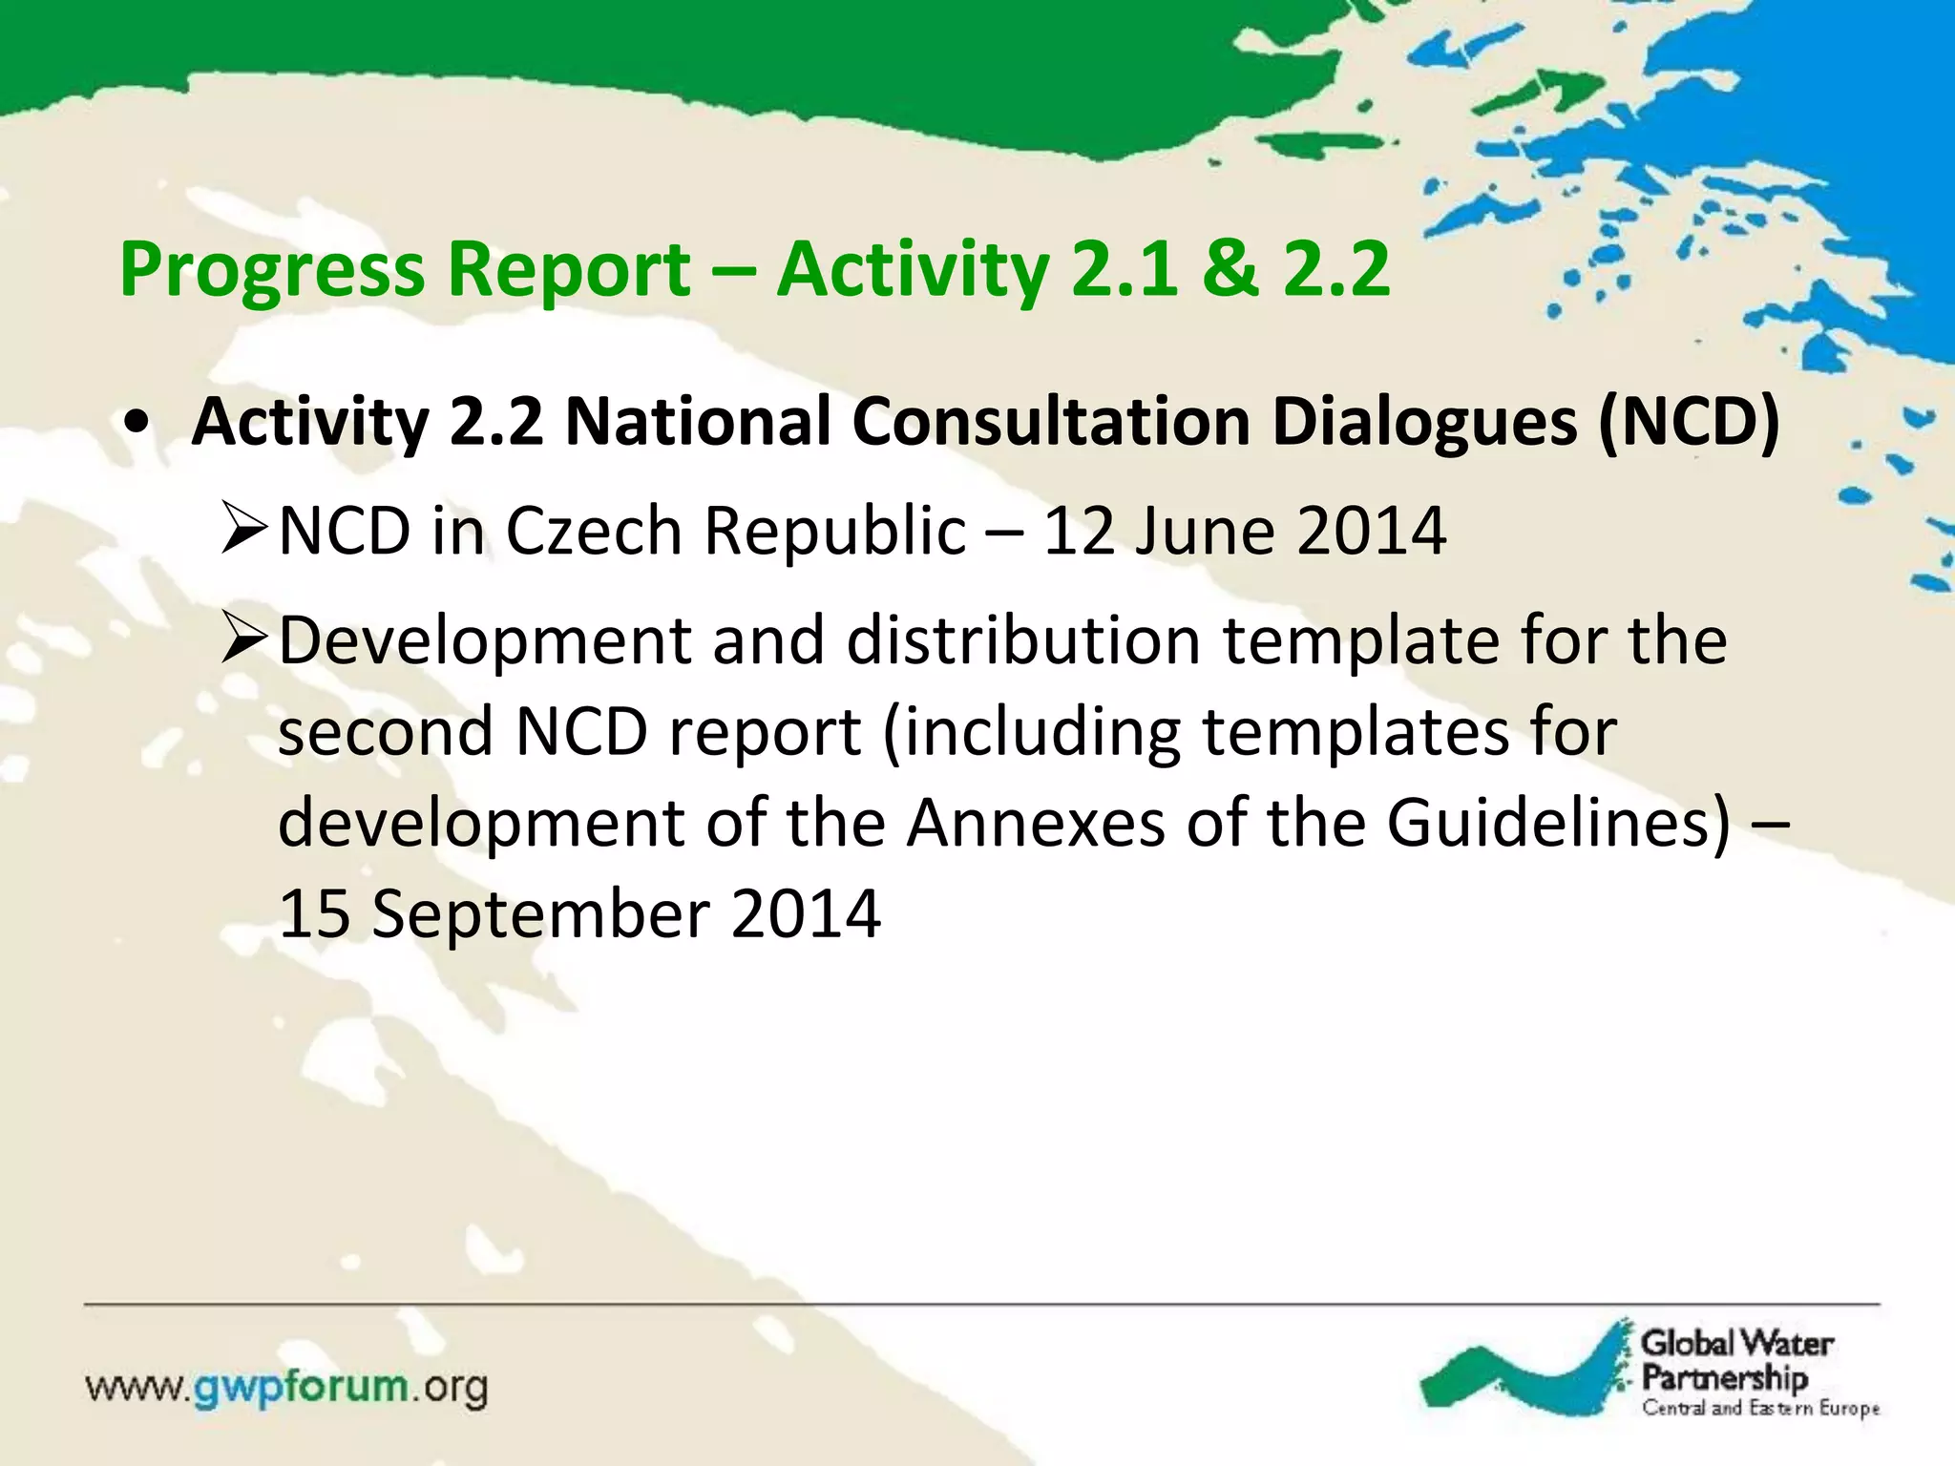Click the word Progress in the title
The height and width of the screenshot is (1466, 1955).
(x=271, y=270)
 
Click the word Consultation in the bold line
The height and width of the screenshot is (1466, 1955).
(x=1050, y=421)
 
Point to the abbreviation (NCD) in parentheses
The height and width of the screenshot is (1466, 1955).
(x=1688, y=421)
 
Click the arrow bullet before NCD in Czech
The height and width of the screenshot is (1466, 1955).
(x=243, y=532)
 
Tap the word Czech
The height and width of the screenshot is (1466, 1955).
(x=593, y=531)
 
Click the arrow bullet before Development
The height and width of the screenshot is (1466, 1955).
(x=243, y=640)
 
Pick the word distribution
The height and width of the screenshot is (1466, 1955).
(x=1022, y=640)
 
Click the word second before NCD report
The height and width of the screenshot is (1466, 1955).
(x=385, y=732)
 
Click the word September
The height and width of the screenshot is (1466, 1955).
(x=539, y=913)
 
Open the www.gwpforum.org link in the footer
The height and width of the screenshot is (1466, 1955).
(x=286, y=1387)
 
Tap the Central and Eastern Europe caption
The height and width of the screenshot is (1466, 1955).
(x=1760, y=1408)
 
